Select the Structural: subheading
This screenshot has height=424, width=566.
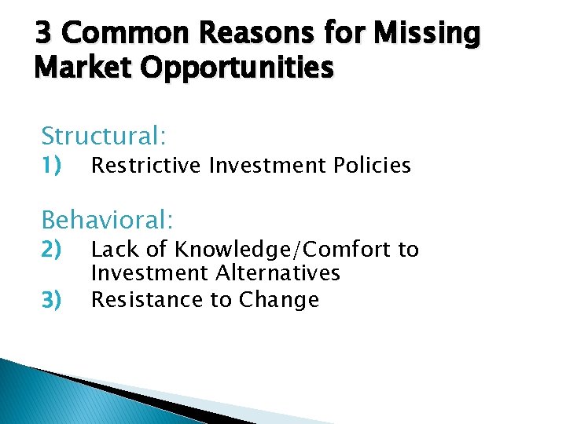104,137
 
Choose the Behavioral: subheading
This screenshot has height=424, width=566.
107,217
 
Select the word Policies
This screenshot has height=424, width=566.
372,166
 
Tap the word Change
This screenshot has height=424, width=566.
279,301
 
